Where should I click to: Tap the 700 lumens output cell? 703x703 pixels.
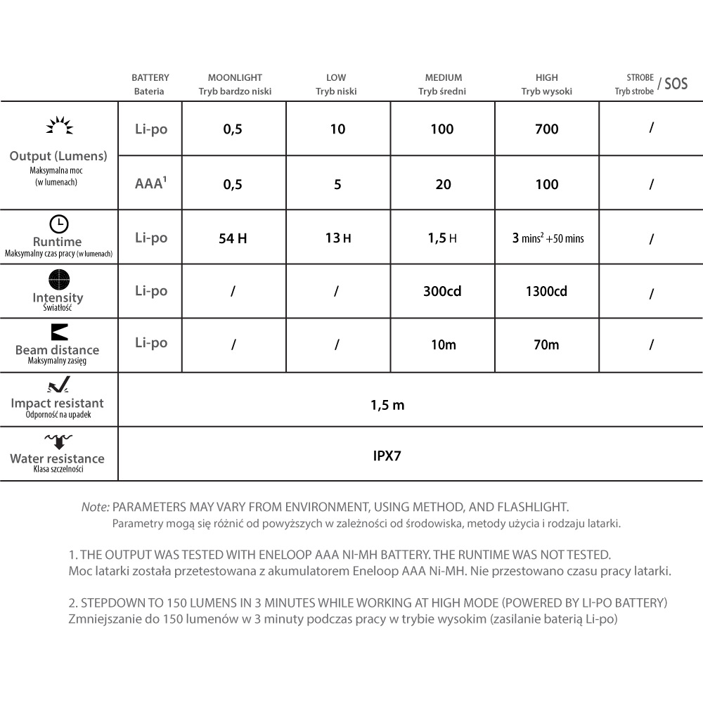(546, 129)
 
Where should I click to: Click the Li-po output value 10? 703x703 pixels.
(337, 129)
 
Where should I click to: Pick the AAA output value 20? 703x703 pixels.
(443, 184)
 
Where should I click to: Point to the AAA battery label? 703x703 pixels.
(150, 184)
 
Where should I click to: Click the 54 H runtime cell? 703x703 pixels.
(233, 238)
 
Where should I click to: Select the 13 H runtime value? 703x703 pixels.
(337, 238)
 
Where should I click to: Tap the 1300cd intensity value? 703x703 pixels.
(546, 291)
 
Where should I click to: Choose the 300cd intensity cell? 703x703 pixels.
(442, 291)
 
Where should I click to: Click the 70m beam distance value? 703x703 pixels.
(546, 344)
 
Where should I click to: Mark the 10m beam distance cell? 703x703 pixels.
(443, 344)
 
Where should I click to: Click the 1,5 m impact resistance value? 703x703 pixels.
(387, 405)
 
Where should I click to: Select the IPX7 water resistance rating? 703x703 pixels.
(387, 455)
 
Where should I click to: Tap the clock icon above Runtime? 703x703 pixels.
(59, 224)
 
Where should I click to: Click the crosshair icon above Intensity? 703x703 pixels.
(58, 280)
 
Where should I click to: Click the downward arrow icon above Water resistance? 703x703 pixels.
(58, 441)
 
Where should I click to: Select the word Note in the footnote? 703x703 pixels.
(96, 506)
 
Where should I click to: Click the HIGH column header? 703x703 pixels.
(546, 78)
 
